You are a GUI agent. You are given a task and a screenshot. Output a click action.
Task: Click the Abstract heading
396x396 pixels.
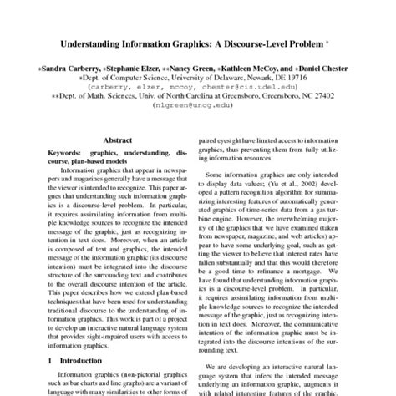point(116,143)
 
